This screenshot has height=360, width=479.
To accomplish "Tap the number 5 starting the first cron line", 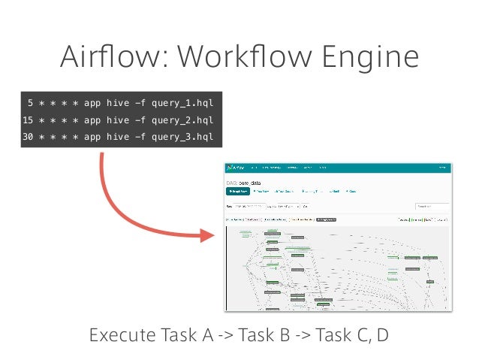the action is (x=29, y=101).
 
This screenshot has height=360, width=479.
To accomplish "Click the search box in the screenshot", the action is (x=432, y=205).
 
